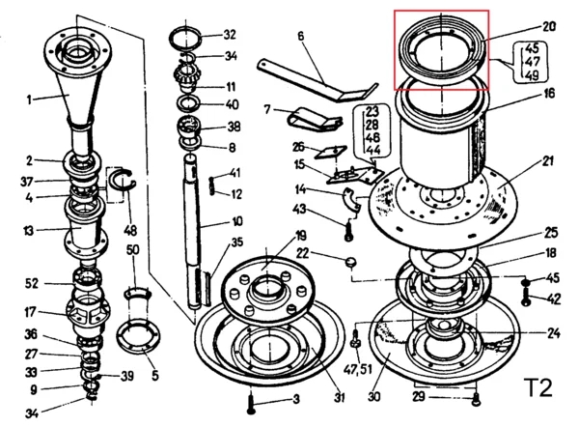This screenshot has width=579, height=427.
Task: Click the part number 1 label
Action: coord(30,98)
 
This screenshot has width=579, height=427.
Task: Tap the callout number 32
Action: coord(229,34)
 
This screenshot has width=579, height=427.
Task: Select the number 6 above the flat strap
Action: coord(300,38)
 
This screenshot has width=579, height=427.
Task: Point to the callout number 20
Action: coord(549,27)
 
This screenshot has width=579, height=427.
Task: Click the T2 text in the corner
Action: coord(537,388)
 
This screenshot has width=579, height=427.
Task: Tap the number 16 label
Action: coord(549,95)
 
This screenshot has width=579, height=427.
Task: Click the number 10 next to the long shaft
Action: coord(236,221)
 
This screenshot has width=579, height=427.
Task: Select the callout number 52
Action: coord(31,283)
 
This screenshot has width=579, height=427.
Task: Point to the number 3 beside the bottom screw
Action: coord(296,399)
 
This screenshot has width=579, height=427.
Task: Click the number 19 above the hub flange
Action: coord(300,236)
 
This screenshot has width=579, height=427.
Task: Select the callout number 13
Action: coord(30,231)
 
